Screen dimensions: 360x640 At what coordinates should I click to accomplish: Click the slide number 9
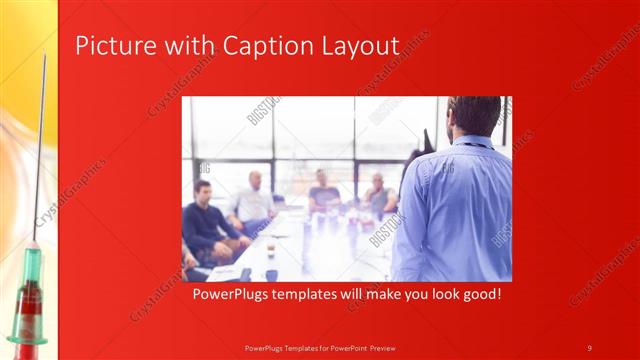(589, 348)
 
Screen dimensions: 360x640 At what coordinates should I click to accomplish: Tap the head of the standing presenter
(474, 115)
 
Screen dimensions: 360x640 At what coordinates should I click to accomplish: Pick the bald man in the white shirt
(254, 200)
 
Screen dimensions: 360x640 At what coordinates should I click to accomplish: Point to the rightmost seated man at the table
(378, 194)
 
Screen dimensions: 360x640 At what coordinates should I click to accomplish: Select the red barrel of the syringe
(27, 310)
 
